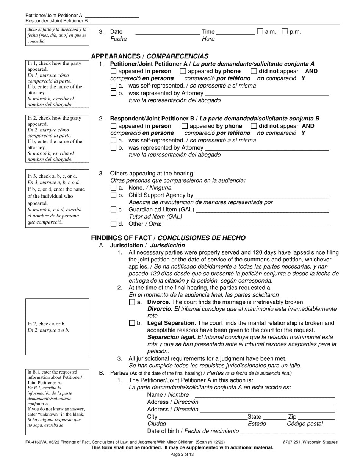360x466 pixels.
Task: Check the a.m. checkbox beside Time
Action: (260, 32)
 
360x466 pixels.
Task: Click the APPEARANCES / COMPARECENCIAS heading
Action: (150, 56)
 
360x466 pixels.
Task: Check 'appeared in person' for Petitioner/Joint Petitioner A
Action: (113, 71)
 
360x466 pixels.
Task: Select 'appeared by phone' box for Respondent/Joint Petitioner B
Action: (185, 126)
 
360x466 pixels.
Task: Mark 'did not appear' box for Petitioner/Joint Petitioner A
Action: (254, 71)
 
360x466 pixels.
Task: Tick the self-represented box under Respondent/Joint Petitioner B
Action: (113, 140)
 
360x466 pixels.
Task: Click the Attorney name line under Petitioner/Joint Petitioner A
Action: (267, 94)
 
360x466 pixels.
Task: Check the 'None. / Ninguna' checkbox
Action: (113, 188)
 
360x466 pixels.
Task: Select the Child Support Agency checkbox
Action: (113, 195)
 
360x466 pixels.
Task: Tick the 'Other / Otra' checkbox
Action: (113, 224)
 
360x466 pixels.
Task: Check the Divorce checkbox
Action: (132, 302)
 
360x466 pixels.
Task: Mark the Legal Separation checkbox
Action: (132, 323)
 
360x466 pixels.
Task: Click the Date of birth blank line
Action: (287, 432)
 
